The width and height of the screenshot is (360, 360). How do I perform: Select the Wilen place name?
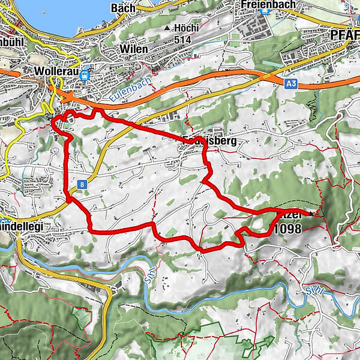click(x=133, y=48)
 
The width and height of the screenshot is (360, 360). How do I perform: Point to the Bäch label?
click(x=123, y=8)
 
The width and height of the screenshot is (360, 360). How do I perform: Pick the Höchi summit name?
click(x=186, y=28)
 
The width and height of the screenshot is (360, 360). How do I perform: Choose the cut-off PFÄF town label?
click(x=345, y=35)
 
